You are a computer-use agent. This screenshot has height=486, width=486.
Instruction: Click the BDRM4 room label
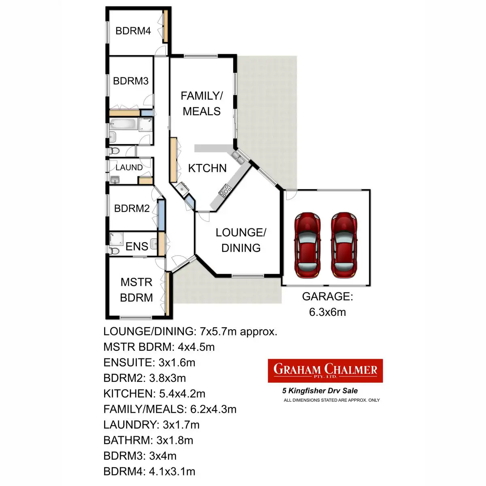[x=133, y=31]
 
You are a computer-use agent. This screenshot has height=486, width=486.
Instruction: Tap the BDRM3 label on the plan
[x=130, y=81]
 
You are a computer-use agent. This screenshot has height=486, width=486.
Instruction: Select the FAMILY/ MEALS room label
[x=201, y=103]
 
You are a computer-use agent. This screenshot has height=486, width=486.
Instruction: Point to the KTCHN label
[x=207, y=168]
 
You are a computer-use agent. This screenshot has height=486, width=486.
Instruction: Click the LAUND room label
[x=129, y=167]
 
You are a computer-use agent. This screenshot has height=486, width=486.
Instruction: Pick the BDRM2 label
[x=132, y=208]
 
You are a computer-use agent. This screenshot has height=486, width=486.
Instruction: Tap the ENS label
[x=136, y=246]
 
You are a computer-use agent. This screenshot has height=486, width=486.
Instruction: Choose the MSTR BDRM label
[x=136, y=290]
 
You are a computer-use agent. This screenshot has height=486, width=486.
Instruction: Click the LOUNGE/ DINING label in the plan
[x=241, y=240]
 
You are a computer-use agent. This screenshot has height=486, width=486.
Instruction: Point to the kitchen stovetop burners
[x=225, y=190]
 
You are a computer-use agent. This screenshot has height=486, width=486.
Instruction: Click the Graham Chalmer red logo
[x=325, y=371]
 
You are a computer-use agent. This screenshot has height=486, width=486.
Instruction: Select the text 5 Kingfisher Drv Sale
[x=320, y=391]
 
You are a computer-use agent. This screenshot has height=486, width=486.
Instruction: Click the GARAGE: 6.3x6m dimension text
[x=327, y=304]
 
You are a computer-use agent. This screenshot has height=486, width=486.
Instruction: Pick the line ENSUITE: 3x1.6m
[x=149, y=362]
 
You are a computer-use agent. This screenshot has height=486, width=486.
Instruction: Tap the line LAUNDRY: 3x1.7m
[x=151, y=425]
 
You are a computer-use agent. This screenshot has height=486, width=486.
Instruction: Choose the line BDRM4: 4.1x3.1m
[x=149, y=471]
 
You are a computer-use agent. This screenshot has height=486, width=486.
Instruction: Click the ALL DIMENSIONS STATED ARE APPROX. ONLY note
[x=331, y=400]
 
